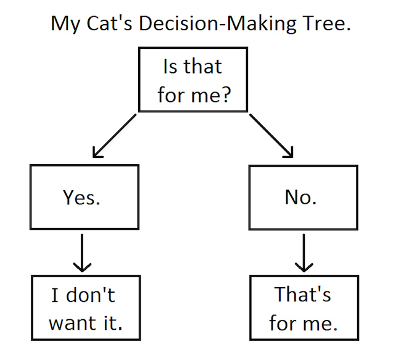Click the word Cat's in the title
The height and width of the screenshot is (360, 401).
pos(109,23)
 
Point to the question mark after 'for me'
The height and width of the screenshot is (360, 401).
pos(226,94)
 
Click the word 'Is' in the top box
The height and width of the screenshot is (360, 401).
pos(170,66)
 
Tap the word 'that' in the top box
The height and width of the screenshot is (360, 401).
pos(203,66)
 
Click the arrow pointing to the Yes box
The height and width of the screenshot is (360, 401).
pos(114,136)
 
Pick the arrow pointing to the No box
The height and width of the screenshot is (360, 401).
pos(271,136)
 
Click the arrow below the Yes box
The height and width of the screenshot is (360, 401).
pos(82,253)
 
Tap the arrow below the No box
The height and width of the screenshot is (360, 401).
pos(304,253)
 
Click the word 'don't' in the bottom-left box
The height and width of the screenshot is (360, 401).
pos(91,295)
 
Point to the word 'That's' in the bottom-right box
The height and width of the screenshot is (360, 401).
pos(302,294)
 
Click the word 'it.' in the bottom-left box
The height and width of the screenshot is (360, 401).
pos(113,322)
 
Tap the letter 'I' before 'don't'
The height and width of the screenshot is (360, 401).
pos(54,295)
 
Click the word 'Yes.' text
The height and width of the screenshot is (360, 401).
pos(81,198)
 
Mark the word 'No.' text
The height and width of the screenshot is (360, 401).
pos(301,197)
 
